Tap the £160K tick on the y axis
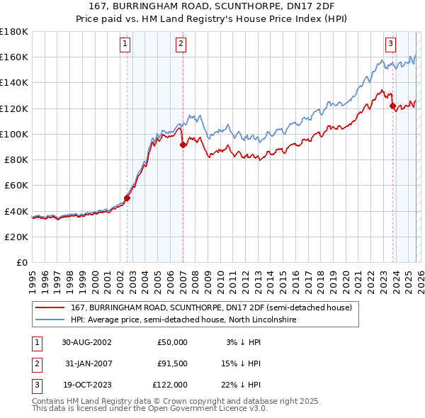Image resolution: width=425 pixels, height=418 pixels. point(14,57)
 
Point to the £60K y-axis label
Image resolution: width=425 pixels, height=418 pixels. point(16,185)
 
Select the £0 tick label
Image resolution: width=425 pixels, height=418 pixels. point(21,262)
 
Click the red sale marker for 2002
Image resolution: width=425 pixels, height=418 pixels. point(127,198)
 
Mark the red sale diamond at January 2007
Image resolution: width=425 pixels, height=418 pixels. point(183,145)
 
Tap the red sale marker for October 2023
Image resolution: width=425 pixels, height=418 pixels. point(392,106)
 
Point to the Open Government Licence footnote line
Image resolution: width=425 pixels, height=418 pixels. point(149,408)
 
